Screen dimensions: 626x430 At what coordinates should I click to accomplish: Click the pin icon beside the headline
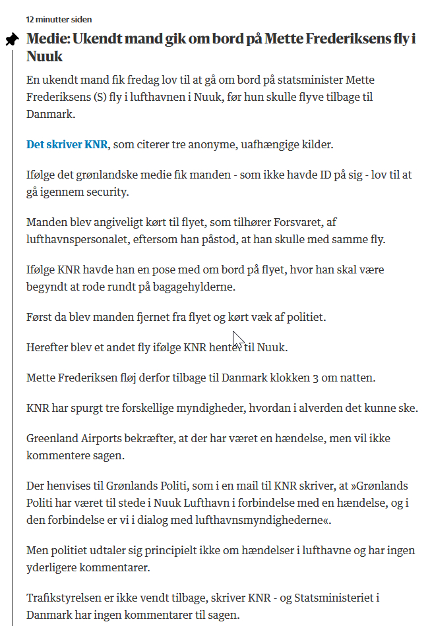click(11, 40)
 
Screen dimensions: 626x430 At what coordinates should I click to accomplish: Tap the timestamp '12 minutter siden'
click(59, 20)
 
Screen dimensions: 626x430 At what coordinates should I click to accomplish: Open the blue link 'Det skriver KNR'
click(67, 144)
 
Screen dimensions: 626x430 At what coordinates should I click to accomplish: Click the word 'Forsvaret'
click(313, 223)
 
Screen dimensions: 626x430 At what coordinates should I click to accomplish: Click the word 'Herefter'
click(48, 347)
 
